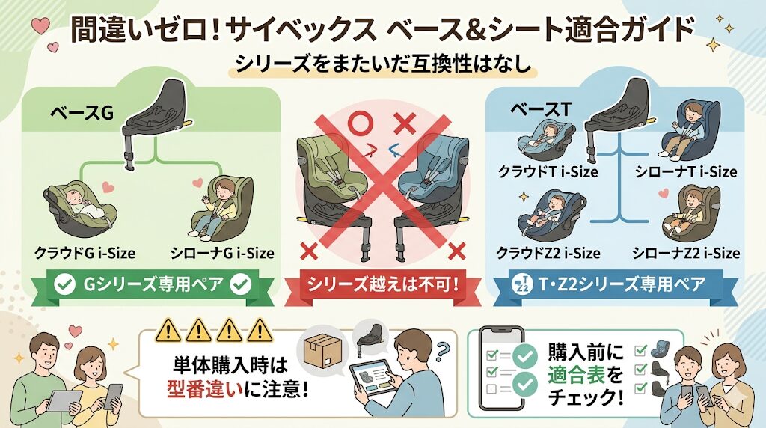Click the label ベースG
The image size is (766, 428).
82,114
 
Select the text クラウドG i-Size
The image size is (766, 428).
85,253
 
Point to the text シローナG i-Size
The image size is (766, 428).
221,253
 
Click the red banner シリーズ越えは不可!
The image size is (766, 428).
382,284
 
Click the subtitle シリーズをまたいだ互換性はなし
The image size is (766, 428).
383,65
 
